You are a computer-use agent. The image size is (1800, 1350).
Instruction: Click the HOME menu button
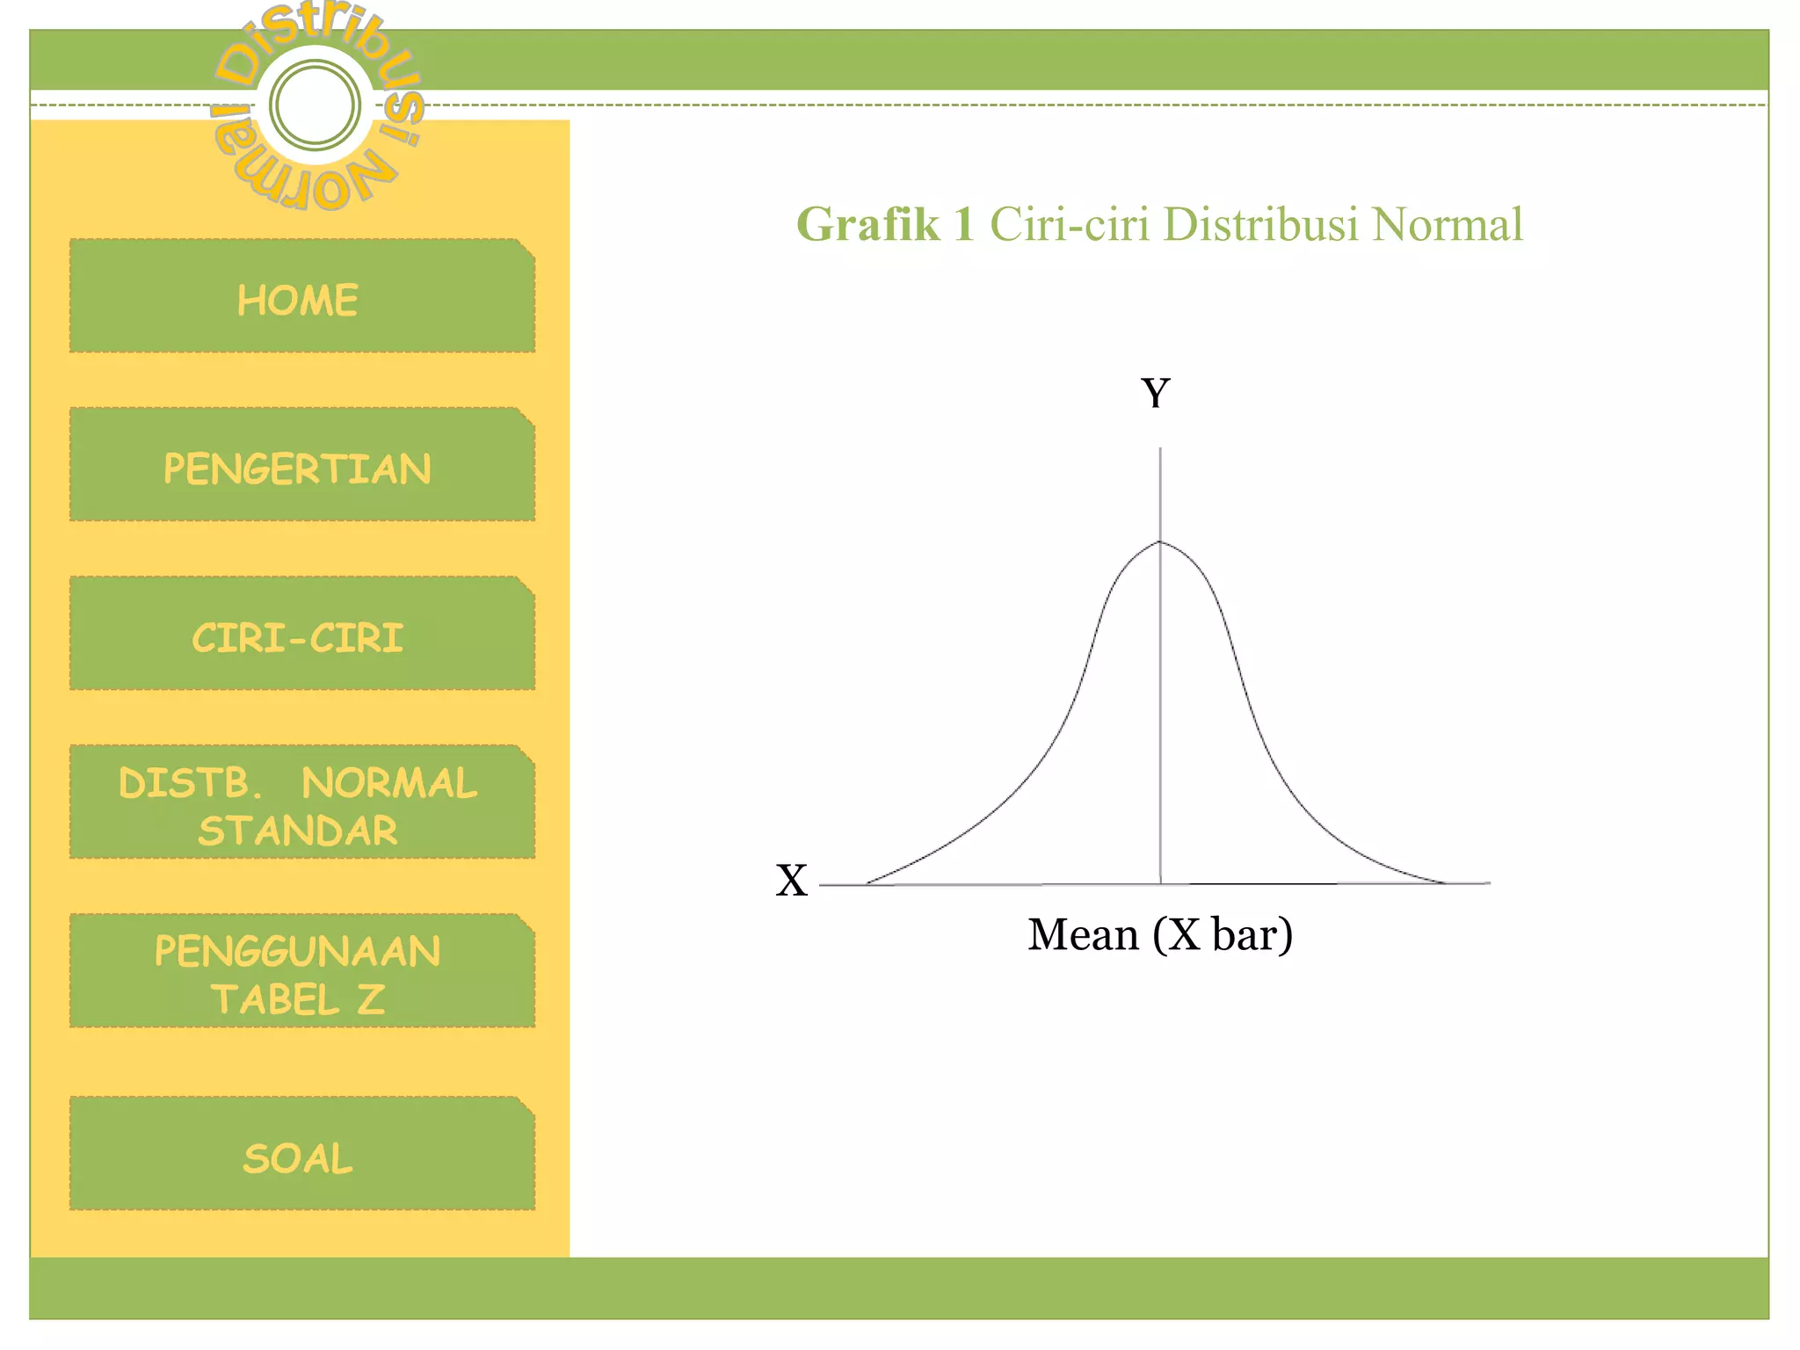(x=301, y=297)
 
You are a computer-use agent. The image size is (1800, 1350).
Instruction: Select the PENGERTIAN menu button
(x=301, y=466)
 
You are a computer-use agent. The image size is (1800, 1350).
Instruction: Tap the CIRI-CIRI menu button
(x=301, y=635)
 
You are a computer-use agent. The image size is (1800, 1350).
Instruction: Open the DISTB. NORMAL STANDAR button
(x=301, y=803)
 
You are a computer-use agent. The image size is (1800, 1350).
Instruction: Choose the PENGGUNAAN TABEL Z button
(x=301, y=972)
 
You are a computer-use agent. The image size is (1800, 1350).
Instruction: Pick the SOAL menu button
(x=301, y=1155)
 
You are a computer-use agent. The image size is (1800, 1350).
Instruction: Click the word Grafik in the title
(x=867, y=225)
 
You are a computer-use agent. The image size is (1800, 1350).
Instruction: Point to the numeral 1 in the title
(x=963, y=225)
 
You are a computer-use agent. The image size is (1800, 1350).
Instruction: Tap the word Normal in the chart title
(x=1447, y=225)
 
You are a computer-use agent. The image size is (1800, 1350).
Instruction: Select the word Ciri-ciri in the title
(x=1070, y=225)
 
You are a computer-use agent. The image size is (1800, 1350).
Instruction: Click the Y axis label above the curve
(x=1156, y=393)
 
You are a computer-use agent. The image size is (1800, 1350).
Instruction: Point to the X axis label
(x=791, y=881)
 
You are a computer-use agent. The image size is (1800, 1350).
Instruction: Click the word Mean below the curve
(x=1083, y=934)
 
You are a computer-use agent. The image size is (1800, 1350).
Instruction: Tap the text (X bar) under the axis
(x=1223, y=934)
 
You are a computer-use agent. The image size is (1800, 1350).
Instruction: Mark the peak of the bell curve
(x=1160, y=541)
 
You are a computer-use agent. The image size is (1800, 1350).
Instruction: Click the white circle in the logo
(x=315, y=105)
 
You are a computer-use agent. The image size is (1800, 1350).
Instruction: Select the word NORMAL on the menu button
(x=389, y=783)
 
